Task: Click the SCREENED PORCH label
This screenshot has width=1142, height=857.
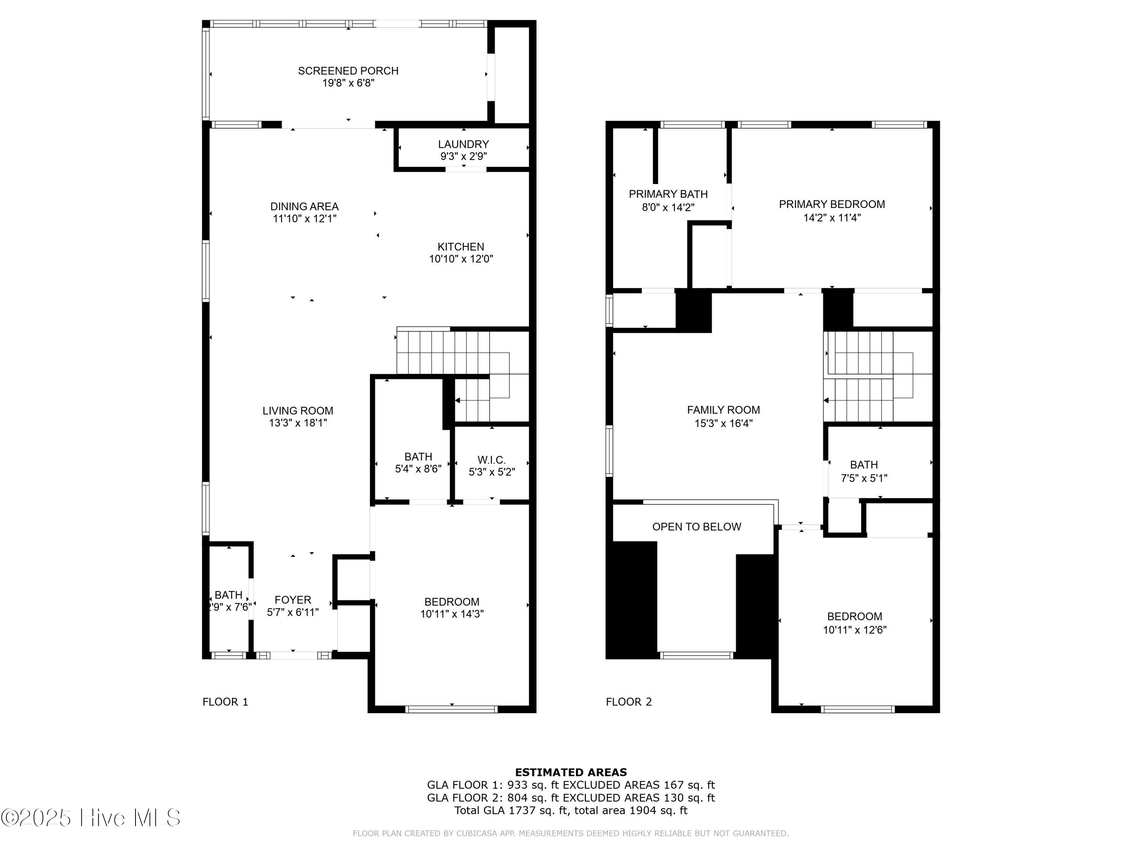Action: tap(348, 71)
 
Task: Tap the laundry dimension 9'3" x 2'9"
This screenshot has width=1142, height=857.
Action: tap(463, 156)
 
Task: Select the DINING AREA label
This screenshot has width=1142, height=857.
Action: tap(304, 206)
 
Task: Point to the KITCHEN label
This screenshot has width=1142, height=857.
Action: tap(461, 247)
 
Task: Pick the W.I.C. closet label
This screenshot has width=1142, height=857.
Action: tap(491, 460)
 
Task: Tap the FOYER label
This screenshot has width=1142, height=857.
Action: tap(292, 600)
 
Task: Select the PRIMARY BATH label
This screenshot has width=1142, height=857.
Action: tap(668, 194)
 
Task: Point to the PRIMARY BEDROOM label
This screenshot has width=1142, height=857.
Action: tap(831, 204)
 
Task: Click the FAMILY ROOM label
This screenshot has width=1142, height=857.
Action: tap(723, 409)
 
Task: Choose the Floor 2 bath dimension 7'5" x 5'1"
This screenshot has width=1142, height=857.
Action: tap(864, 478)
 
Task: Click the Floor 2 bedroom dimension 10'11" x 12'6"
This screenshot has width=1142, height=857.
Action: tap(855, 630)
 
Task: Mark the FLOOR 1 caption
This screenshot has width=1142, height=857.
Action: tap(225, 702)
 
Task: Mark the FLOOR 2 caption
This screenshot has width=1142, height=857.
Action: tap(628, 702)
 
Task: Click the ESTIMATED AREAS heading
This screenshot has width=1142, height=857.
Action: tap(571, 772)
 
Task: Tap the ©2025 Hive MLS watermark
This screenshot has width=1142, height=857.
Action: tap(91, 818)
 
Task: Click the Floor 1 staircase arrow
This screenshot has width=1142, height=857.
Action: tap(458, 400)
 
